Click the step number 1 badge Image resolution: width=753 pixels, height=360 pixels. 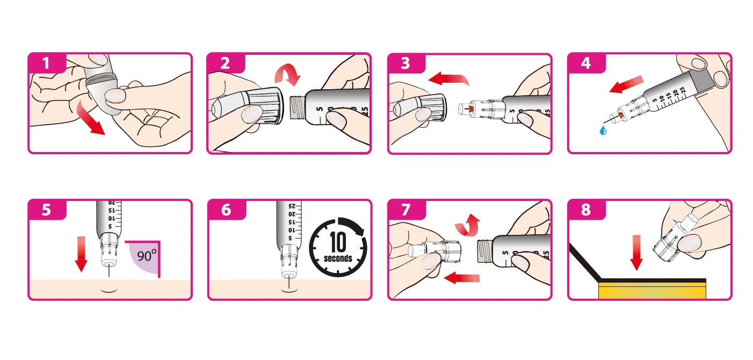pos(47,62)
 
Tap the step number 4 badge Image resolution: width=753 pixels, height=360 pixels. pos(586,62)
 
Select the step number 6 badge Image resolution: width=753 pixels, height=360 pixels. pos(226,209)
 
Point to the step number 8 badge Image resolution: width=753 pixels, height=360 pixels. pos(586,209)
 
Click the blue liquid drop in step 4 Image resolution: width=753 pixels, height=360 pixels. pos(603,131)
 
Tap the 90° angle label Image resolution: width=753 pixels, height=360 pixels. pos(147,256)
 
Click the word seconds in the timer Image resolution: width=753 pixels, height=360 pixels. pos(338,258)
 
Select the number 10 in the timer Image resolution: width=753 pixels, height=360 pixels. pos(338,242)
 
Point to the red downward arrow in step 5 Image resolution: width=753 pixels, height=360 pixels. pos(81,254)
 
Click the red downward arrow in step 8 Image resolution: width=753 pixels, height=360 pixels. pos(636,253)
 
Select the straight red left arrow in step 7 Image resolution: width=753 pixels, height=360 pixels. pos(461,278)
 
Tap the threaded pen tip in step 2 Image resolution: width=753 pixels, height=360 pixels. pos(298,107)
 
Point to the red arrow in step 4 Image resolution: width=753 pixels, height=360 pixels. pos(626,84)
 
